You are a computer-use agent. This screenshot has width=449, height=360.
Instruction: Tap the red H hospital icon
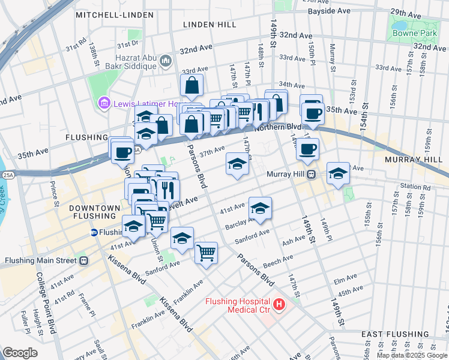click(279, 305)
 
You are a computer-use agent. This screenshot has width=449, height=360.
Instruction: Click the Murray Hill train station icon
click(312, 175)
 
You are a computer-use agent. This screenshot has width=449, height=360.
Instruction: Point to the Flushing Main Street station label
click(40, 261)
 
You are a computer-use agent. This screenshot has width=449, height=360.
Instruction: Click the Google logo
click(20, 353)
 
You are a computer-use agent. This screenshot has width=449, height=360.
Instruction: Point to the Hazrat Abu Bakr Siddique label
click(131, 61)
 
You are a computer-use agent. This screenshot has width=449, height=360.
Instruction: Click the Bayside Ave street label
click(329, 11)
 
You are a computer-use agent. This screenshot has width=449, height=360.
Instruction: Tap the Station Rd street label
click(418, 188)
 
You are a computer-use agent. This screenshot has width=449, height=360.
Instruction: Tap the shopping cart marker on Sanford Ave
click(206, 252)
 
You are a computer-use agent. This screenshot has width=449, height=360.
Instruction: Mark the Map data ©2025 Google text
click(411, 355)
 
